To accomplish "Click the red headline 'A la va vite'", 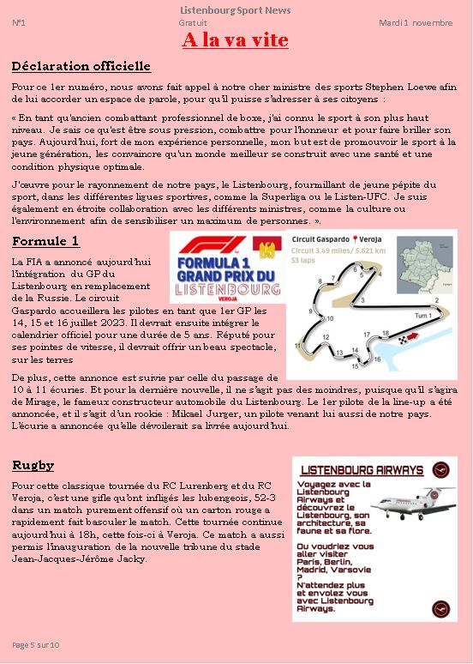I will (x=235, y=40).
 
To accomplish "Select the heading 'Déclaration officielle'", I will (x=81, y=66).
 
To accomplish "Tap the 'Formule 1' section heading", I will (x=45, y=241).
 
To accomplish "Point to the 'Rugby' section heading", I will (x=33, y=466).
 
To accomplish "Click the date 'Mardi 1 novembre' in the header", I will (x=416, y=23).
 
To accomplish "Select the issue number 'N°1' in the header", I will (x=18, y=23).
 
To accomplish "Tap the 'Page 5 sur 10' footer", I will (x=36, y=644).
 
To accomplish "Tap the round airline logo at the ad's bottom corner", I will (x=441, y=608).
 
